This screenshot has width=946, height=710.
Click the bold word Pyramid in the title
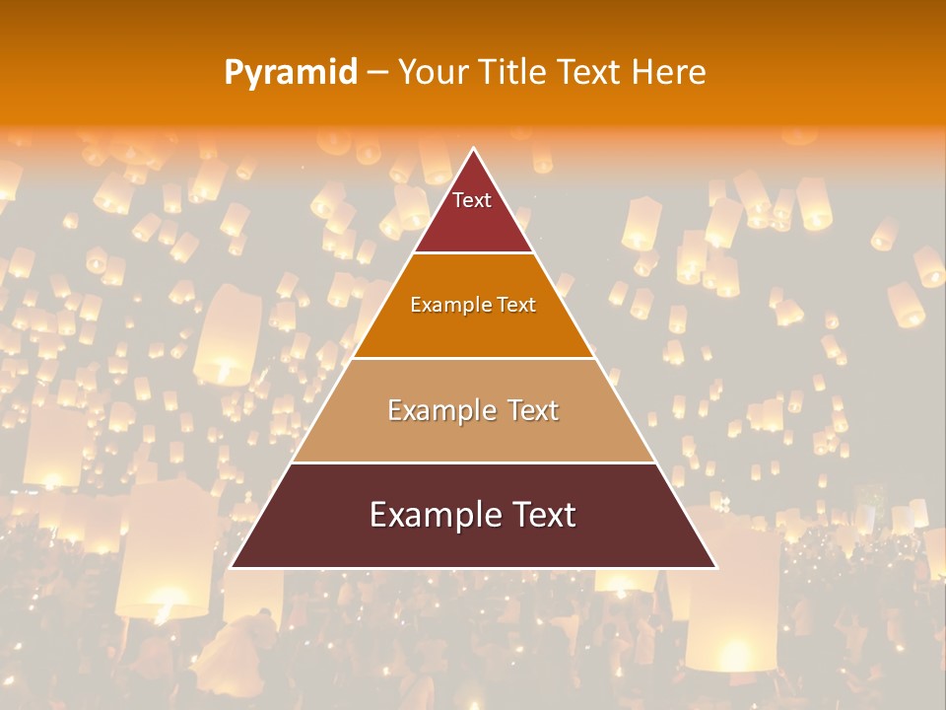[291, 73]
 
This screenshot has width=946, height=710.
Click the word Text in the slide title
[588, 73]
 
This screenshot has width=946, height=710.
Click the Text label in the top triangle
[472, 200]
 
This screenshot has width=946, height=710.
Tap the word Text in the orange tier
[516, 305]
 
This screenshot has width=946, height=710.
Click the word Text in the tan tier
[533, 410]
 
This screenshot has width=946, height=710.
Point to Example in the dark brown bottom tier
[430, 515]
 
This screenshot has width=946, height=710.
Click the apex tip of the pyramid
[473, 149]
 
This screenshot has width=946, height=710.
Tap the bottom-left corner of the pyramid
[231, 567]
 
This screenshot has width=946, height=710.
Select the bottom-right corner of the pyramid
[715, 567]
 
